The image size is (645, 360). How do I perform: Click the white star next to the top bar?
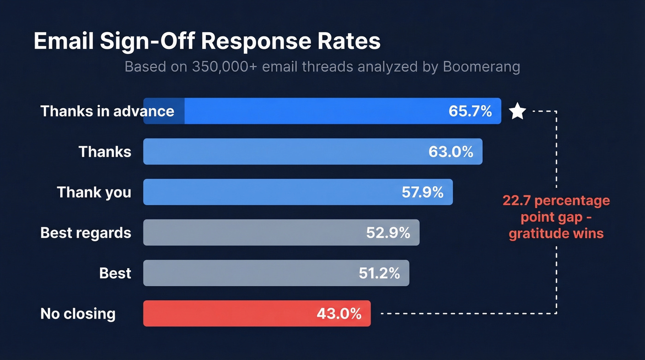[517, 112]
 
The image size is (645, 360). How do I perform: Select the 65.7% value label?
[470, 111]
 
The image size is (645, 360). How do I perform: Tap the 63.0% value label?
[451, 152]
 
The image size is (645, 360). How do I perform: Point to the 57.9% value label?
[422, 192]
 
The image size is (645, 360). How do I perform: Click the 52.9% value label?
[388, 233]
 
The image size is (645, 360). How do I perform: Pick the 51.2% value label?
[379, 273]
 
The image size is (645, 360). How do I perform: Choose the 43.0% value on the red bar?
[339, 314]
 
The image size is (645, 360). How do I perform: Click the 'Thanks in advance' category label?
[107, 111]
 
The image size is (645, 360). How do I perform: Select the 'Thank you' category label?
[94, 192]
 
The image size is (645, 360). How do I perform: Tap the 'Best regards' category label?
[86, 233]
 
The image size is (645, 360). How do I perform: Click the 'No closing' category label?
[78, 314]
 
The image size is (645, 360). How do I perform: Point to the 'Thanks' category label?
[105, 152]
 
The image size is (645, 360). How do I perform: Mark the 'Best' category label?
[115, 273]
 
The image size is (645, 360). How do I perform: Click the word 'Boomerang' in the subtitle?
[481, 67]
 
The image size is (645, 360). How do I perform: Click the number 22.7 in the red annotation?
[516, 201]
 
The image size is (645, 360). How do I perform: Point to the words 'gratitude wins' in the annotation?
[556, 233]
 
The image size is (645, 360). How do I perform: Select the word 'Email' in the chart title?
[64, 41]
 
